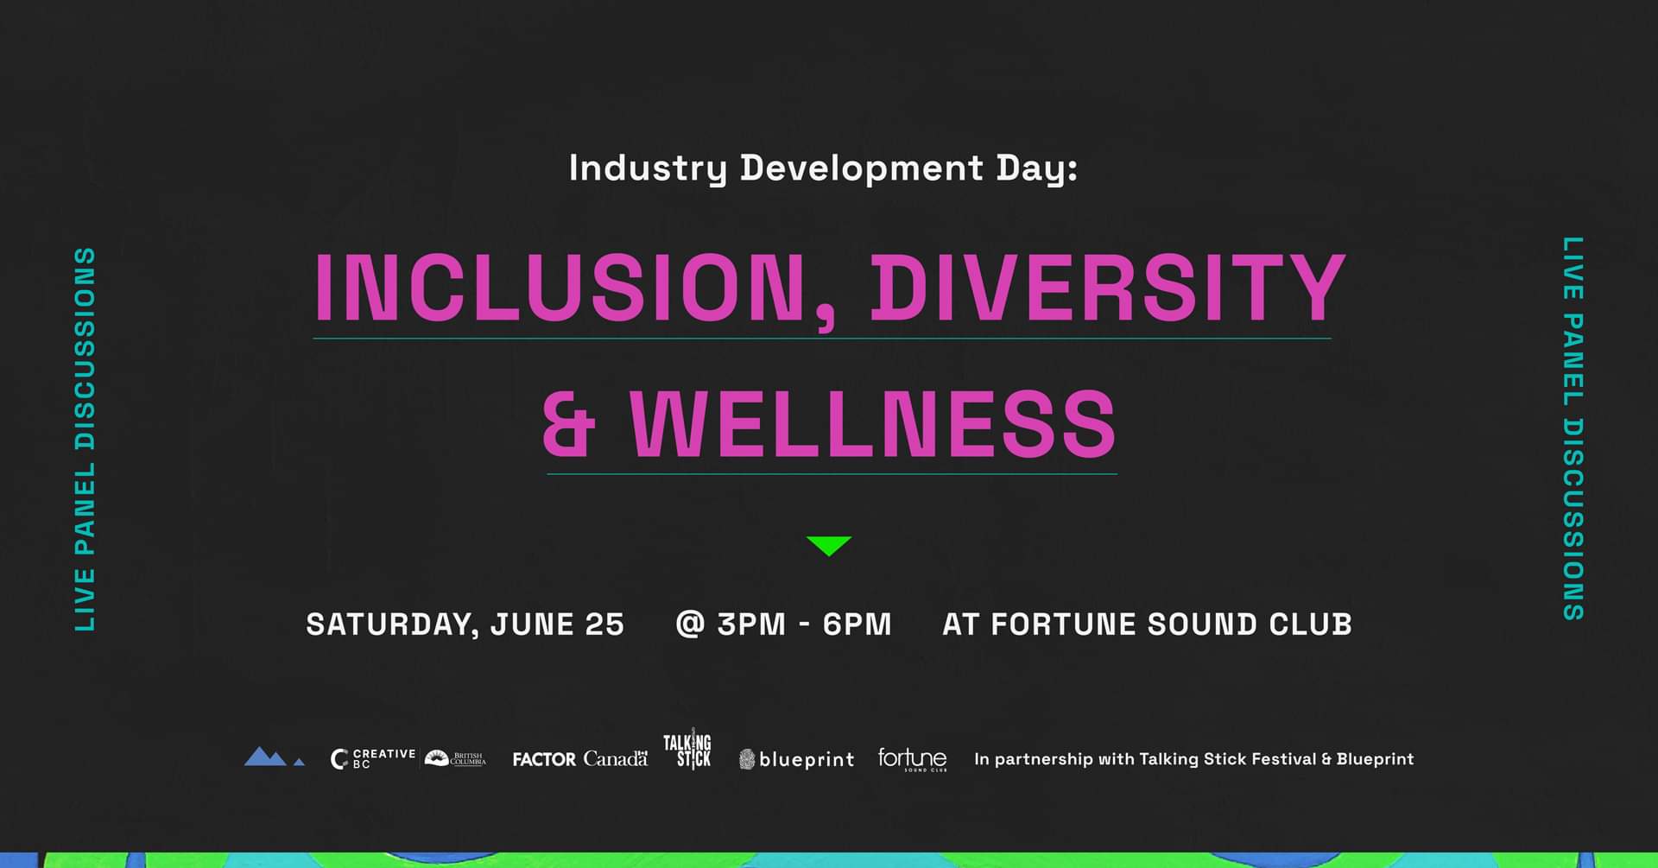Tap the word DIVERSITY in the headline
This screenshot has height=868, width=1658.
pyautogui.click(x=1108, y=287)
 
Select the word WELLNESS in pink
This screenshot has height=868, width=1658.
pyautogui.click(x=873, y=423)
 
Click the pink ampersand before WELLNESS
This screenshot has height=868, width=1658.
pyautogui.click(x=570, y=423)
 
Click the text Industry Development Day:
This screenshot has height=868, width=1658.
pyautogui.click(x=823, y=168)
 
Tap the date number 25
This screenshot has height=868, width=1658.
pyautogui.click(x=604, y=624)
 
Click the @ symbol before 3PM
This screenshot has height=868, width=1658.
pyautogui.click(x=691, y=624)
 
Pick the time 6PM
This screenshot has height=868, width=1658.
pyautogui.click(x=857, y=624)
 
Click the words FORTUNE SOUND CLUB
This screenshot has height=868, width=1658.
pyautogui.click(x=1171, y=624)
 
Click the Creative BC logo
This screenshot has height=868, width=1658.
pyautogui.click(x=373, y=758)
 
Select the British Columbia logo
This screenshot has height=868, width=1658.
pyautogui.click(x=456, y=758)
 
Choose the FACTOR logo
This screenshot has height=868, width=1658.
pyautogui.click(x=544, y=759)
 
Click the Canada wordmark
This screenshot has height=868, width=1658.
pyautogui.click(x=616, y=758)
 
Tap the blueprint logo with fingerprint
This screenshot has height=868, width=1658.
pyautogui.click(x=796, y=759)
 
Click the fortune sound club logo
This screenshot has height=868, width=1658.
pyautogui.click(x=913, y=759)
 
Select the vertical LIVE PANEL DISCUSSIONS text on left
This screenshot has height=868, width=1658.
pyautogui.click(x=85, y=439)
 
